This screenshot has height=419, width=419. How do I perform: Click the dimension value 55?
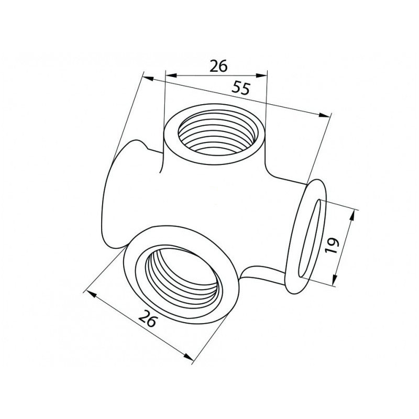click(241, 89)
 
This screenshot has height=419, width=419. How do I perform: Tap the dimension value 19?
click(332, 245)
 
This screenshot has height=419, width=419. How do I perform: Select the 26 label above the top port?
click(218, 66)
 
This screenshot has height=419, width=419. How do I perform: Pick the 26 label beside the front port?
click(147, 318)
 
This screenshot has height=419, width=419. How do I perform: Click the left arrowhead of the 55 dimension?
click(148, 79)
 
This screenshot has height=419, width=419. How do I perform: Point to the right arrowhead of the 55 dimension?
click(324, 115)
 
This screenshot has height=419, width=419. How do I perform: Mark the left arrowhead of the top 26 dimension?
click(171, 75)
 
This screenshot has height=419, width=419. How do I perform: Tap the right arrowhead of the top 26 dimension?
click(261, 75)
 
